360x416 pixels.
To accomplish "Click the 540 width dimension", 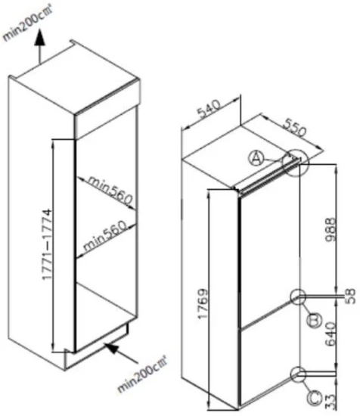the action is coord(209,109).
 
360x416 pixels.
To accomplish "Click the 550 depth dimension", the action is coord(294,128).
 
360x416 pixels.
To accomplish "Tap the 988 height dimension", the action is coord(331,229).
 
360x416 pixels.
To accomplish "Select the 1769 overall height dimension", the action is coord(203,303).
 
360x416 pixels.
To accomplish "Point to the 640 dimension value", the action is coord(331,334).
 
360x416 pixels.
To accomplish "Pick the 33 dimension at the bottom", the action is coord(330,402).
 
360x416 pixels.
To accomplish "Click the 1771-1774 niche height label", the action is coord(47,244).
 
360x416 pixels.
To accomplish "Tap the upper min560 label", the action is coord(110,190).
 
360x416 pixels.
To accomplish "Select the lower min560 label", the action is coord(105,236).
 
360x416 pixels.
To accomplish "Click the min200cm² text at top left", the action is coord(27,23).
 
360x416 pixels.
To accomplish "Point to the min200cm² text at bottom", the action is coord(142,374).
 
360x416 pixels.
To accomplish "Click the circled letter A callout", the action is coord(256,158).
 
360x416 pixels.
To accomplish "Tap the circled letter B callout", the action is coord(314,320).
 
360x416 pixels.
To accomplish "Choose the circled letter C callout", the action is coord(315,398).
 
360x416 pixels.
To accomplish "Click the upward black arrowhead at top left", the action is coord(40,36).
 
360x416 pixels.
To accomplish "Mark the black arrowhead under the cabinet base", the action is coord(111,348).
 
